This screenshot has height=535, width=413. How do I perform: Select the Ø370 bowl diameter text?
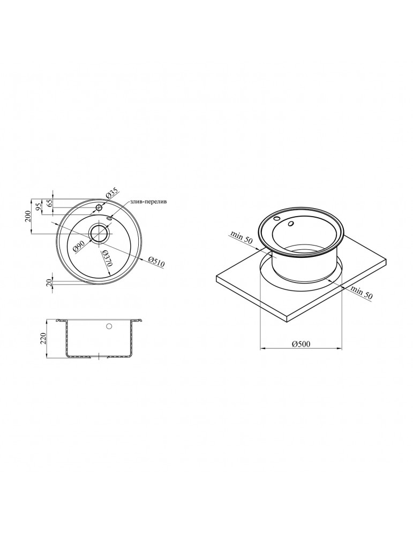coord(106,258)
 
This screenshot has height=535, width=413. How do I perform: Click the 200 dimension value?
coord(28,216)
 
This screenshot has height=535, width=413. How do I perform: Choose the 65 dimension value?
coord(49,203)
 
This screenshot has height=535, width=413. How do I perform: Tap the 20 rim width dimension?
coord(49,282)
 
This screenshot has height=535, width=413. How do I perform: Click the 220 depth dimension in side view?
coord(43,339)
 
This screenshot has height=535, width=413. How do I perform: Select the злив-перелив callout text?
coord(148,202)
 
